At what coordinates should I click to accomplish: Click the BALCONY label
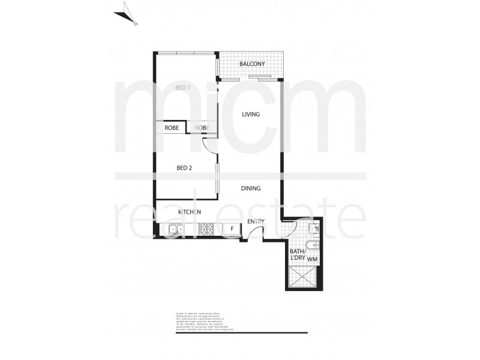(252, 64)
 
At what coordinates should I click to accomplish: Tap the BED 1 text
(182, 88)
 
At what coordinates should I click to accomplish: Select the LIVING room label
(251, 114)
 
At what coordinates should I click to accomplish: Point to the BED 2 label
(184, 168)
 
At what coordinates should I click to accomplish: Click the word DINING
(251, 188)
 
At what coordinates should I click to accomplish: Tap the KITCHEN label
(190, 212)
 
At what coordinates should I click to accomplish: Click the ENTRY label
(256, 221)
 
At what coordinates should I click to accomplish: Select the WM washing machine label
(312, 259)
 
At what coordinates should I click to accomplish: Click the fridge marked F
(232, 229)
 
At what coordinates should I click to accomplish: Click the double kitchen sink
(175, 229)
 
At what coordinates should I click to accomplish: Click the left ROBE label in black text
(172, 128)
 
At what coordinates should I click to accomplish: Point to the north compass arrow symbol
(128, 13)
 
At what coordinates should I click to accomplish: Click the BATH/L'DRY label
(298, 255)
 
